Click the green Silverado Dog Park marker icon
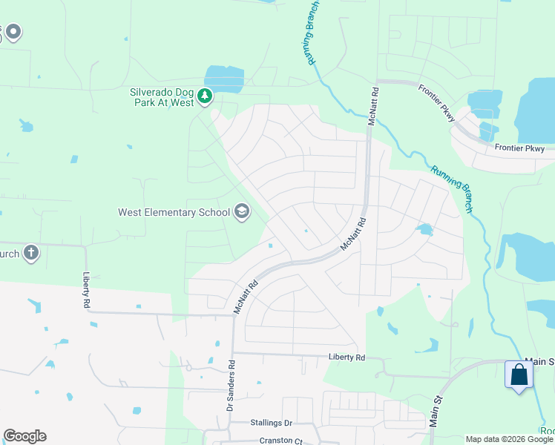[x=206, y=96]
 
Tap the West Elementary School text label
[x=174, y=213]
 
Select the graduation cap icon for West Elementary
[x=241, y=213]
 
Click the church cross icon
[x=30, y=253]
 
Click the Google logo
[x=24, y=436]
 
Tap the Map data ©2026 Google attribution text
[x=509, y=440]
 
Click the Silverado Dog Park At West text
[x=162, y=96]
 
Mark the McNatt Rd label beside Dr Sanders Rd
[x=246, y=296]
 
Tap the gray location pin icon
[x=13, y=32]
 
